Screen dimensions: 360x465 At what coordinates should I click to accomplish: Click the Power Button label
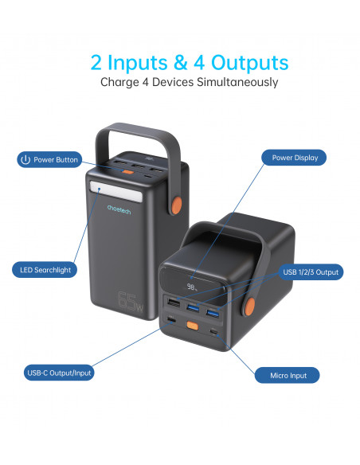[x=49, y=159]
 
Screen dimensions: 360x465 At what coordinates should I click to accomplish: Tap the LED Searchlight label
[x=45, y=270]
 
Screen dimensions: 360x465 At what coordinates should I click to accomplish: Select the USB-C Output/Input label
[x=59, y=373]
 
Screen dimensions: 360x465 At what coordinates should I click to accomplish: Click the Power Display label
[x=294, y=158]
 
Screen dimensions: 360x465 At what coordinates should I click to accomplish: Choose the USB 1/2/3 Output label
[x=311, y=272]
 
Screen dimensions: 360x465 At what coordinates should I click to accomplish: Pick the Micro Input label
[x=287, y=376]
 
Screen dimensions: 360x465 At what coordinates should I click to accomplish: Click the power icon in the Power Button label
[x=25, y=159]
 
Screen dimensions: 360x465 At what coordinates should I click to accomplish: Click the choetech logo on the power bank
[x=119, y=209]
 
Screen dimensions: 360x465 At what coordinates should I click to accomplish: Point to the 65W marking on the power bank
[x=130, y=302]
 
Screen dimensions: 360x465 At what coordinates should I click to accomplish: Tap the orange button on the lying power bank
[x=193, y=326]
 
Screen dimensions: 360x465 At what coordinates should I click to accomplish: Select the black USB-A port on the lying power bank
[x=174, y=303]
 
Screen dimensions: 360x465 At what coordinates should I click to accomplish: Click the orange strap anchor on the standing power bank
[x=177, y=205]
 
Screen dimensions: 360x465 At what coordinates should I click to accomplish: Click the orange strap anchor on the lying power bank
[x=250, y=306]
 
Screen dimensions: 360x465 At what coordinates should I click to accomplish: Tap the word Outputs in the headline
[x=249, y=63]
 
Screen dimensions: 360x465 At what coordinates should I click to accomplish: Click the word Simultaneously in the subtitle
[x=237, y=82]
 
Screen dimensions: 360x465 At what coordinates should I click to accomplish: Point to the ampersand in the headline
[x=181, y=62]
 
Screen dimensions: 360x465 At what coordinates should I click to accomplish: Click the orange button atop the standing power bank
[x=128, y=172]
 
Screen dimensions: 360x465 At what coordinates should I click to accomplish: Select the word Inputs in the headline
[x=137, y=63]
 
